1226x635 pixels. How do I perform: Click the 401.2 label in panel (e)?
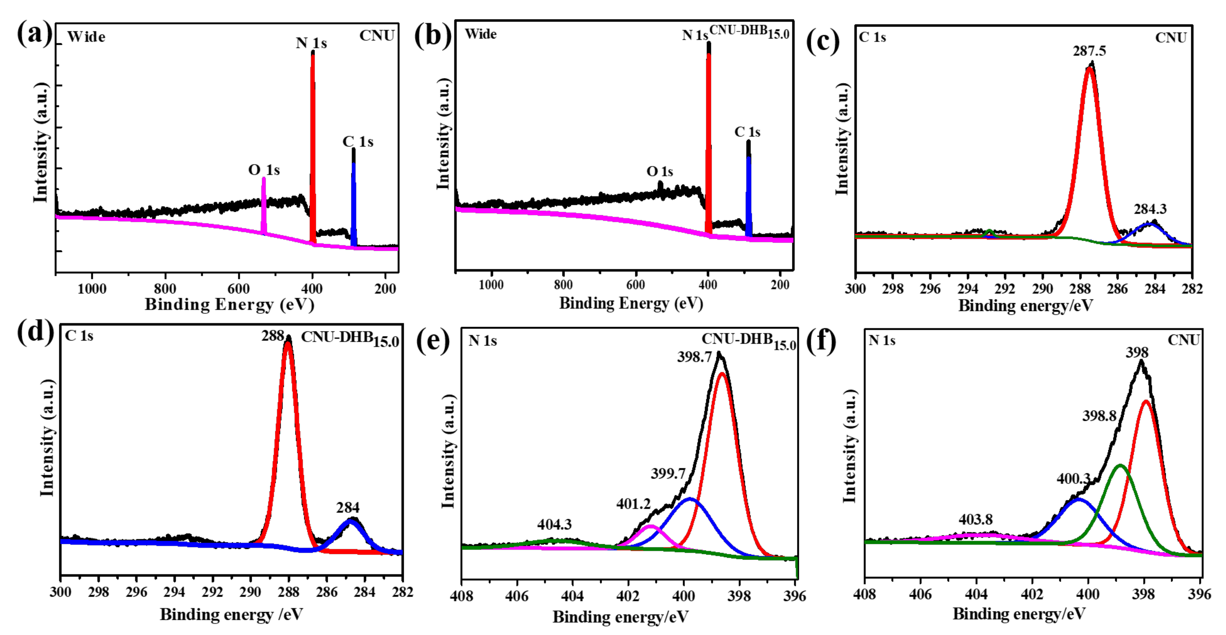point(633,504)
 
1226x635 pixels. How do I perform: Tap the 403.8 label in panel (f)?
point(976,520)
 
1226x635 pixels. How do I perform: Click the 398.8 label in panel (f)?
point(1099,416)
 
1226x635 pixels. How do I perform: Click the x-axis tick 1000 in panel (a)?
point(92,289)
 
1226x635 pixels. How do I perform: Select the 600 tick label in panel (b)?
point(635,285)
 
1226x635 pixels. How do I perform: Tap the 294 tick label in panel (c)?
point(968,289)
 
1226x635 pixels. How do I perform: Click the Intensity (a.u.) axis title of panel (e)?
point(448,451)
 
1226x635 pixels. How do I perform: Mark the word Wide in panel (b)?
point(481,34)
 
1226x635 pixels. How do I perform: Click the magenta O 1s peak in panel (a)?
point(264,205)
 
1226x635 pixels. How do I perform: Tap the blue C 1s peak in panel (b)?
point(749,195)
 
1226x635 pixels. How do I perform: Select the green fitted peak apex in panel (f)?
point(1120,465)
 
